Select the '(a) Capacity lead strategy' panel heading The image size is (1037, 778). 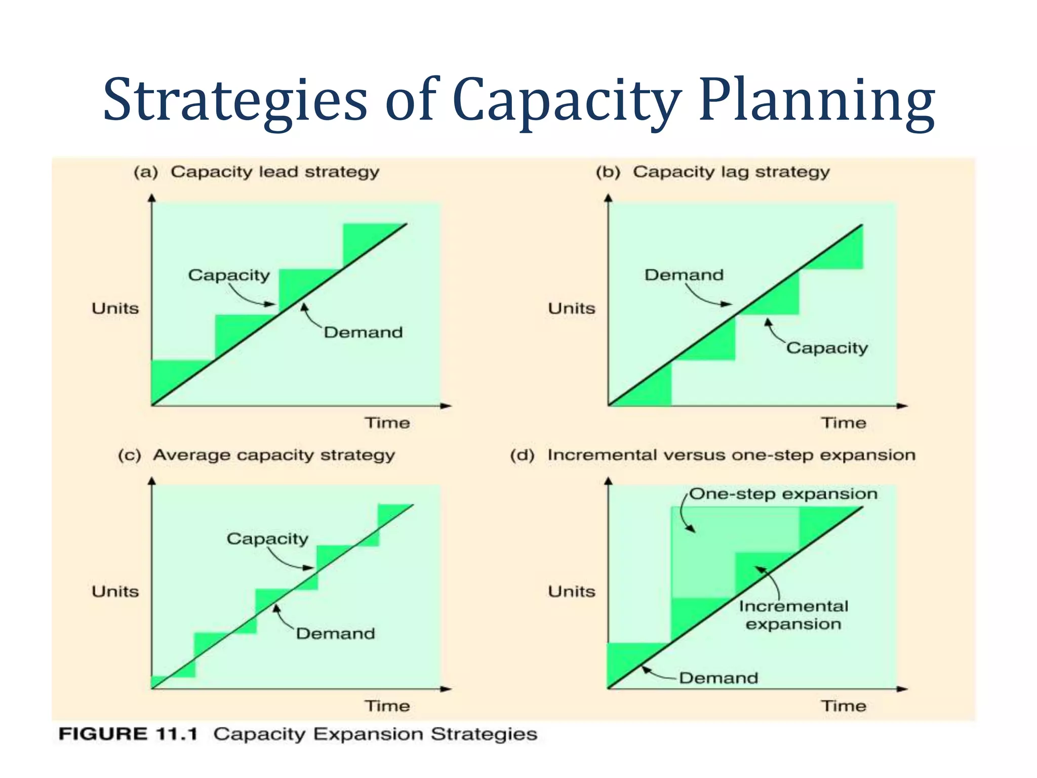tap(256, 172)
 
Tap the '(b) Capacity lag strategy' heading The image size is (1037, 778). tap(712, 172)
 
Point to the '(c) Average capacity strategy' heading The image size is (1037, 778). tap(256, 455)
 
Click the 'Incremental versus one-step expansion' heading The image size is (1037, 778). tap(731, 455)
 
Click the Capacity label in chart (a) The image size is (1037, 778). tap(229, 275)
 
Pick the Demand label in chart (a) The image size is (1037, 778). tap(363, 332)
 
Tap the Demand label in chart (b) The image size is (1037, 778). tap(684, 275)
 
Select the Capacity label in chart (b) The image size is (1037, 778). tap(827, 348)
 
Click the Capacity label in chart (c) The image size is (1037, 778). tap(267, 538)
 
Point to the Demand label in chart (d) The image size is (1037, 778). tap(718, 678)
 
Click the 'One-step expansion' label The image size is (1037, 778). tap(783, 494)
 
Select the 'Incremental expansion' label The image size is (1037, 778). tap(793, 615)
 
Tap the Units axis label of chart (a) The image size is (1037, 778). tap(115, 308)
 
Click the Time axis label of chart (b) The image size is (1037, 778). tap(844, 423)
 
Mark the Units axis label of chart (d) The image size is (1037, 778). tap(572, 592)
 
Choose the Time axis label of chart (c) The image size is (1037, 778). tap(387, 706)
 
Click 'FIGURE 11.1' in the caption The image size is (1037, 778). tap(128, 734)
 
